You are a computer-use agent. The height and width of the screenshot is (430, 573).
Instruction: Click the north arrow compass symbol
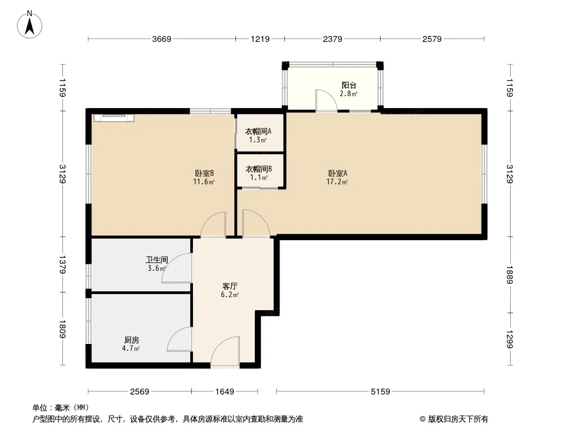[30, 25]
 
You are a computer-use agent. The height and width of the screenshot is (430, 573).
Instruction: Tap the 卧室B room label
[204, 173]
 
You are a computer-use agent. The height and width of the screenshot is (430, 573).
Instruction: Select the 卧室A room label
[337, 173]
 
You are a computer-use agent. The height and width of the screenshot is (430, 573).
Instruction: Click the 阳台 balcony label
[349, 85]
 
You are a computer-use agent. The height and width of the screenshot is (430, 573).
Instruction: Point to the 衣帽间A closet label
[258, 132]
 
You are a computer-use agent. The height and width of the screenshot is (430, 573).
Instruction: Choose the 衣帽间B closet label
[259, 169]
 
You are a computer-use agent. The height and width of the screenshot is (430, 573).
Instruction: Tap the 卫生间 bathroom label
[157, 260]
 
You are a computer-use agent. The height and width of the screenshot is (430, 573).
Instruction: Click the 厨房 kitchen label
[132, 340]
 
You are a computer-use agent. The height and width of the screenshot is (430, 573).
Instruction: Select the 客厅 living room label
[230, 286]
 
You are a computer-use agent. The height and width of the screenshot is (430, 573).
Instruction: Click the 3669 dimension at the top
[161, 39]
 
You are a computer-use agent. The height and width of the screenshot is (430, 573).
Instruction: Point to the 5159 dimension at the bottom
[381, 392]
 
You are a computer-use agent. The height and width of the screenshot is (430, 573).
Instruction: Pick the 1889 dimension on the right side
[510, 275]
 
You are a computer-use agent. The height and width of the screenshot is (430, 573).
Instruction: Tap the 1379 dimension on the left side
[62, 265]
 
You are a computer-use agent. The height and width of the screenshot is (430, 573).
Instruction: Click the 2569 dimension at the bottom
[140, 392]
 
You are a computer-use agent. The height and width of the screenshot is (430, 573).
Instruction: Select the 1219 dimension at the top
[260, 39]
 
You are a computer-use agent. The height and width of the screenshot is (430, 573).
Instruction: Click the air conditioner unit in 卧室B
[114, 118]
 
